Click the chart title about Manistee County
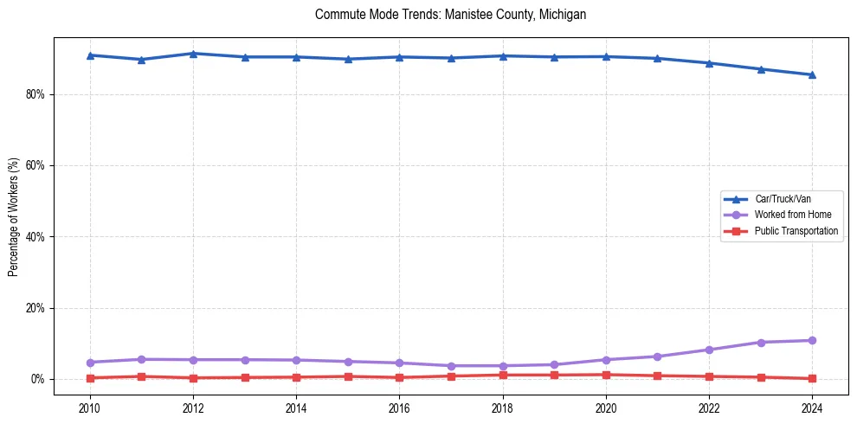[450, 15]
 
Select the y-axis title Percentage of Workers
[14, 216]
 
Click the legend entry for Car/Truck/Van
[783, 199]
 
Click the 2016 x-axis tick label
[399, 408]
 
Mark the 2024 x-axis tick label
[812, 408]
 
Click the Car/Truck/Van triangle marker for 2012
[193, 54]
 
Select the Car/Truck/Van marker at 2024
[812, 74]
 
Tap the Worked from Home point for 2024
[812, 340]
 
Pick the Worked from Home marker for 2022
[709, 350]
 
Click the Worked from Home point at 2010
[90, 362]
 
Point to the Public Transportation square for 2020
[606, 375]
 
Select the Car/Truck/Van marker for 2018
[503, 56]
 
